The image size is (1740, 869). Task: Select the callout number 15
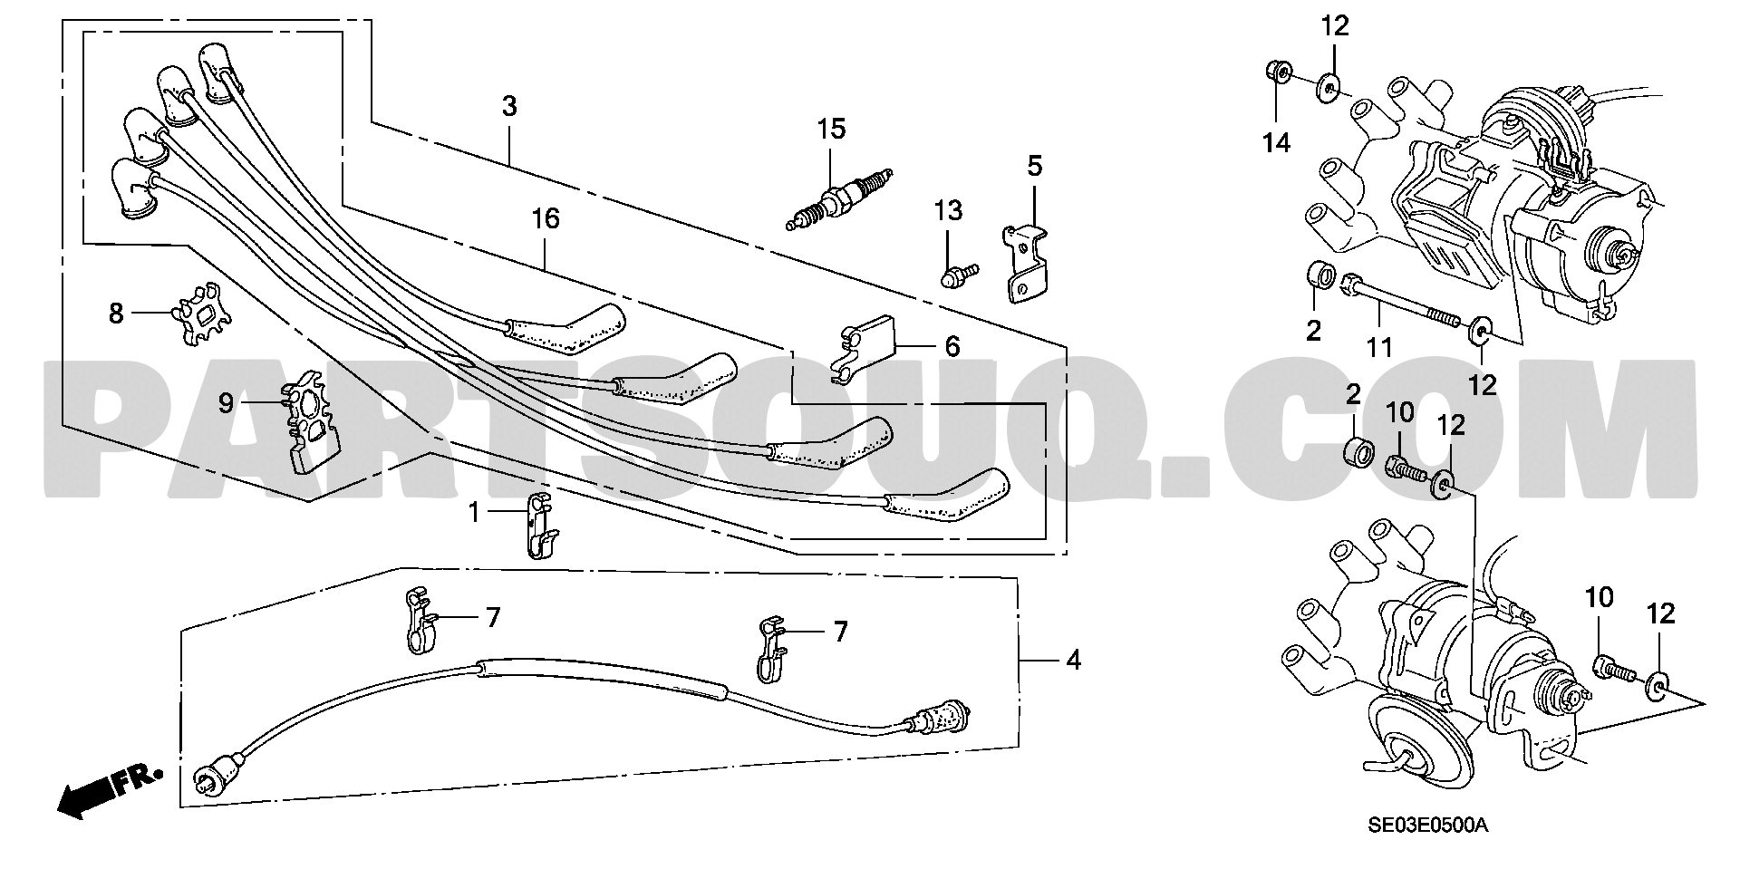click(830, 130)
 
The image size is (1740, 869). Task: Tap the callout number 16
click(546, 219)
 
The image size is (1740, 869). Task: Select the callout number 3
click(509, 107)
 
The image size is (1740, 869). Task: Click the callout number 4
click(1073, 661)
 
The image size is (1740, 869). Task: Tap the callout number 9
click(226, 402)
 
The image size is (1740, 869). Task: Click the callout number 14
click(1277, 142)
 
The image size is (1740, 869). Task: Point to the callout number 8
click(116, 314)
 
